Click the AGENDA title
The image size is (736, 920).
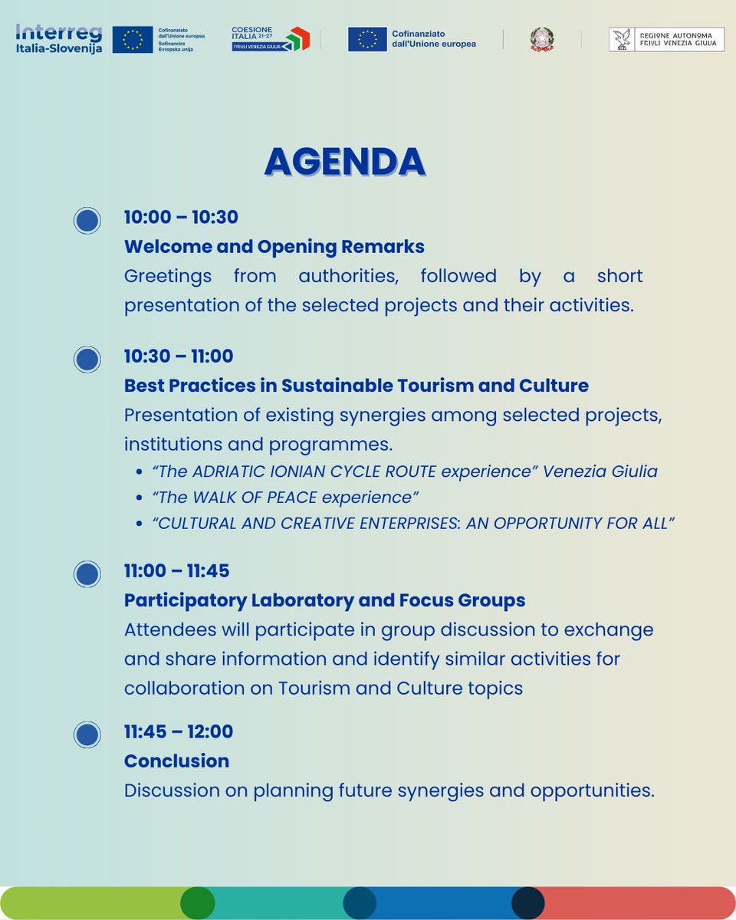(344, 162)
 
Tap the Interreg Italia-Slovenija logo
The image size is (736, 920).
(58, 38)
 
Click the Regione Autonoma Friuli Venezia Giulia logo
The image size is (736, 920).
(665, 39)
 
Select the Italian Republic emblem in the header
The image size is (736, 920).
(540, 39)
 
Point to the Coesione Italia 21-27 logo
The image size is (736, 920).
(270, 38)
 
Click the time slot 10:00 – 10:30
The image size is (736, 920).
(181, 217)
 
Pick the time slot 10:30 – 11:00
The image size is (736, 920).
(179, 356)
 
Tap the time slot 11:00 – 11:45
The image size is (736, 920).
(176, 571)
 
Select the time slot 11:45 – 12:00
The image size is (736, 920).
(178, 731)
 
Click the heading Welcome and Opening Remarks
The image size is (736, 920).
(274, 247)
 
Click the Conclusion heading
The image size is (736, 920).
(176, 761)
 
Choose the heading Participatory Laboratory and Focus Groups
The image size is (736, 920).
(324, 600)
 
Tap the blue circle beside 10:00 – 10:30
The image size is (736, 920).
(87, 221)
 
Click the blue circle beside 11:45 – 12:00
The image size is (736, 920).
(87, 734)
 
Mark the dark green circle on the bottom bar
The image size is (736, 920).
(197, 903)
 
